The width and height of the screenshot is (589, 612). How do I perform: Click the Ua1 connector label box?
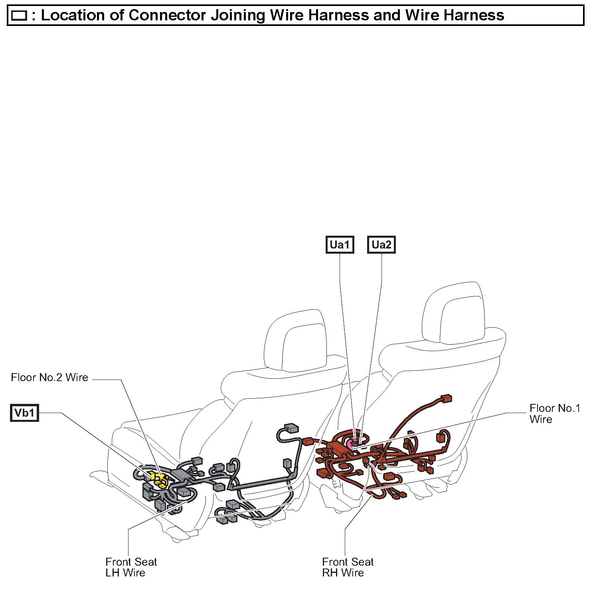click(x=340, y=244)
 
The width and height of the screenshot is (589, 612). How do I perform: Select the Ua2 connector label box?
click(x=381, y=244)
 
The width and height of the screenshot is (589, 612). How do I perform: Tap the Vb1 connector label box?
click(x=24, y=413)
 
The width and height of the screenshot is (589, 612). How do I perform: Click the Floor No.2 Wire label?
click(x=49, y=378)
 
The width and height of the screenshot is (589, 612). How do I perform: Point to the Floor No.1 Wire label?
click(x=554, y=413)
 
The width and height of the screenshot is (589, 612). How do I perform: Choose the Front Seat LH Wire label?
click(x=131, y=567)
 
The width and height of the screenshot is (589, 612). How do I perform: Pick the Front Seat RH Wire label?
click(x=348, y=567)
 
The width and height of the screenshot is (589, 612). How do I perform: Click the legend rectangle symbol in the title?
click(x=19, y=16)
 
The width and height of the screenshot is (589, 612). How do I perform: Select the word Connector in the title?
click(x=167, y=15)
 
